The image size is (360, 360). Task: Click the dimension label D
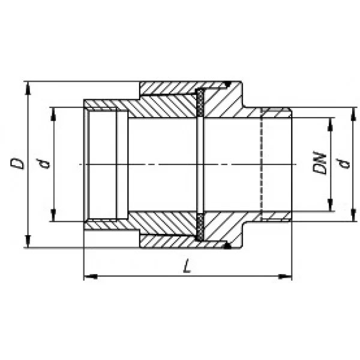[17, 163]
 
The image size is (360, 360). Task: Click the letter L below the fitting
[187, 266]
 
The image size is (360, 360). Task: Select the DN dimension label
[320, 163]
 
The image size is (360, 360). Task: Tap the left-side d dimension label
[43, 163]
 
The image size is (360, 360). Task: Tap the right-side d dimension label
[344, 163]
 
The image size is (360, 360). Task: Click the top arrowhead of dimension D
[28, 88]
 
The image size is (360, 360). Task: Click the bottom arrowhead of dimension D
[28, 241]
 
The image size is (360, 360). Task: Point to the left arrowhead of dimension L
[91, 277]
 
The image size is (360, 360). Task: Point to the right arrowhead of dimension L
[285, 277]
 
